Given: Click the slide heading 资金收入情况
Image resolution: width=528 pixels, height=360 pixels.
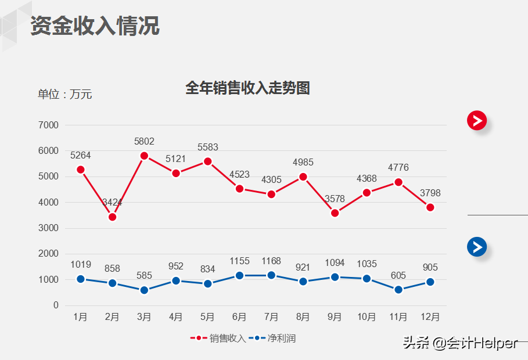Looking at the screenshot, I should pos(95,26).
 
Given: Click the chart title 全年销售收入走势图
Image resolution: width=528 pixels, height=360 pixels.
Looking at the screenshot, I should pos(247,88).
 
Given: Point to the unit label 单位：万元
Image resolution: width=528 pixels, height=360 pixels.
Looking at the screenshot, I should pos(65,94).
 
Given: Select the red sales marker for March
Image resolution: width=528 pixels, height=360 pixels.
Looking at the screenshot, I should pos(144,156).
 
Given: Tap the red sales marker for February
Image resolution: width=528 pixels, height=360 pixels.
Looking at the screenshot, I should pos(113,217).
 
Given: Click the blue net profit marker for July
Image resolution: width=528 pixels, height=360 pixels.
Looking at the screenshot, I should pos(271,275).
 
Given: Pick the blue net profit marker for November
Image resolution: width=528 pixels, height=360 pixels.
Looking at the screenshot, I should pos(398,290).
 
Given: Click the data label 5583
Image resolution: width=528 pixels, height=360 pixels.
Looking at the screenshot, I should pos(208,147).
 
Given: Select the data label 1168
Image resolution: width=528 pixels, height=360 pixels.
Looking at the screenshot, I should pos(271,261).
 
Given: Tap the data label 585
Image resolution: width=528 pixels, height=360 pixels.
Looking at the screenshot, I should pos(144,275).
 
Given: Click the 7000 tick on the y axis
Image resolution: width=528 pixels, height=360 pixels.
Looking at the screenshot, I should pos(48,125).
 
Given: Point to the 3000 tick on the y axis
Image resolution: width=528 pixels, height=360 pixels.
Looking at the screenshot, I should pos(48,228).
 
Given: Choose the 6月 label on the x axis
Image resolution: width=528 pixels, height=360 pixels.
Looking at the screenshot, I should pos(239,317).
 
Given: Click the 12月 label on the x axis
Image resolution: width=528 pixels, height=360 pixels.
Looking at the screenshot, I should pos(430,317).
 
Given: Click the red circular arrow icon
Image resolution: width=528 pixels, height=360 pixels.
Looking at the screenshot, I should pos(477,120).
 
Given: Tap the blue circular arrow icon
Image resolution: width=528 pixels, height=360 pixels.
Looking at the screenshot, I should pos(477,247).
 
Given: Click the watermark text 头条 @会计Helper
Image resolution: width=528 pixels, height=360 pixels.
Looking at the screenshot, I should pos(459,343).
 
